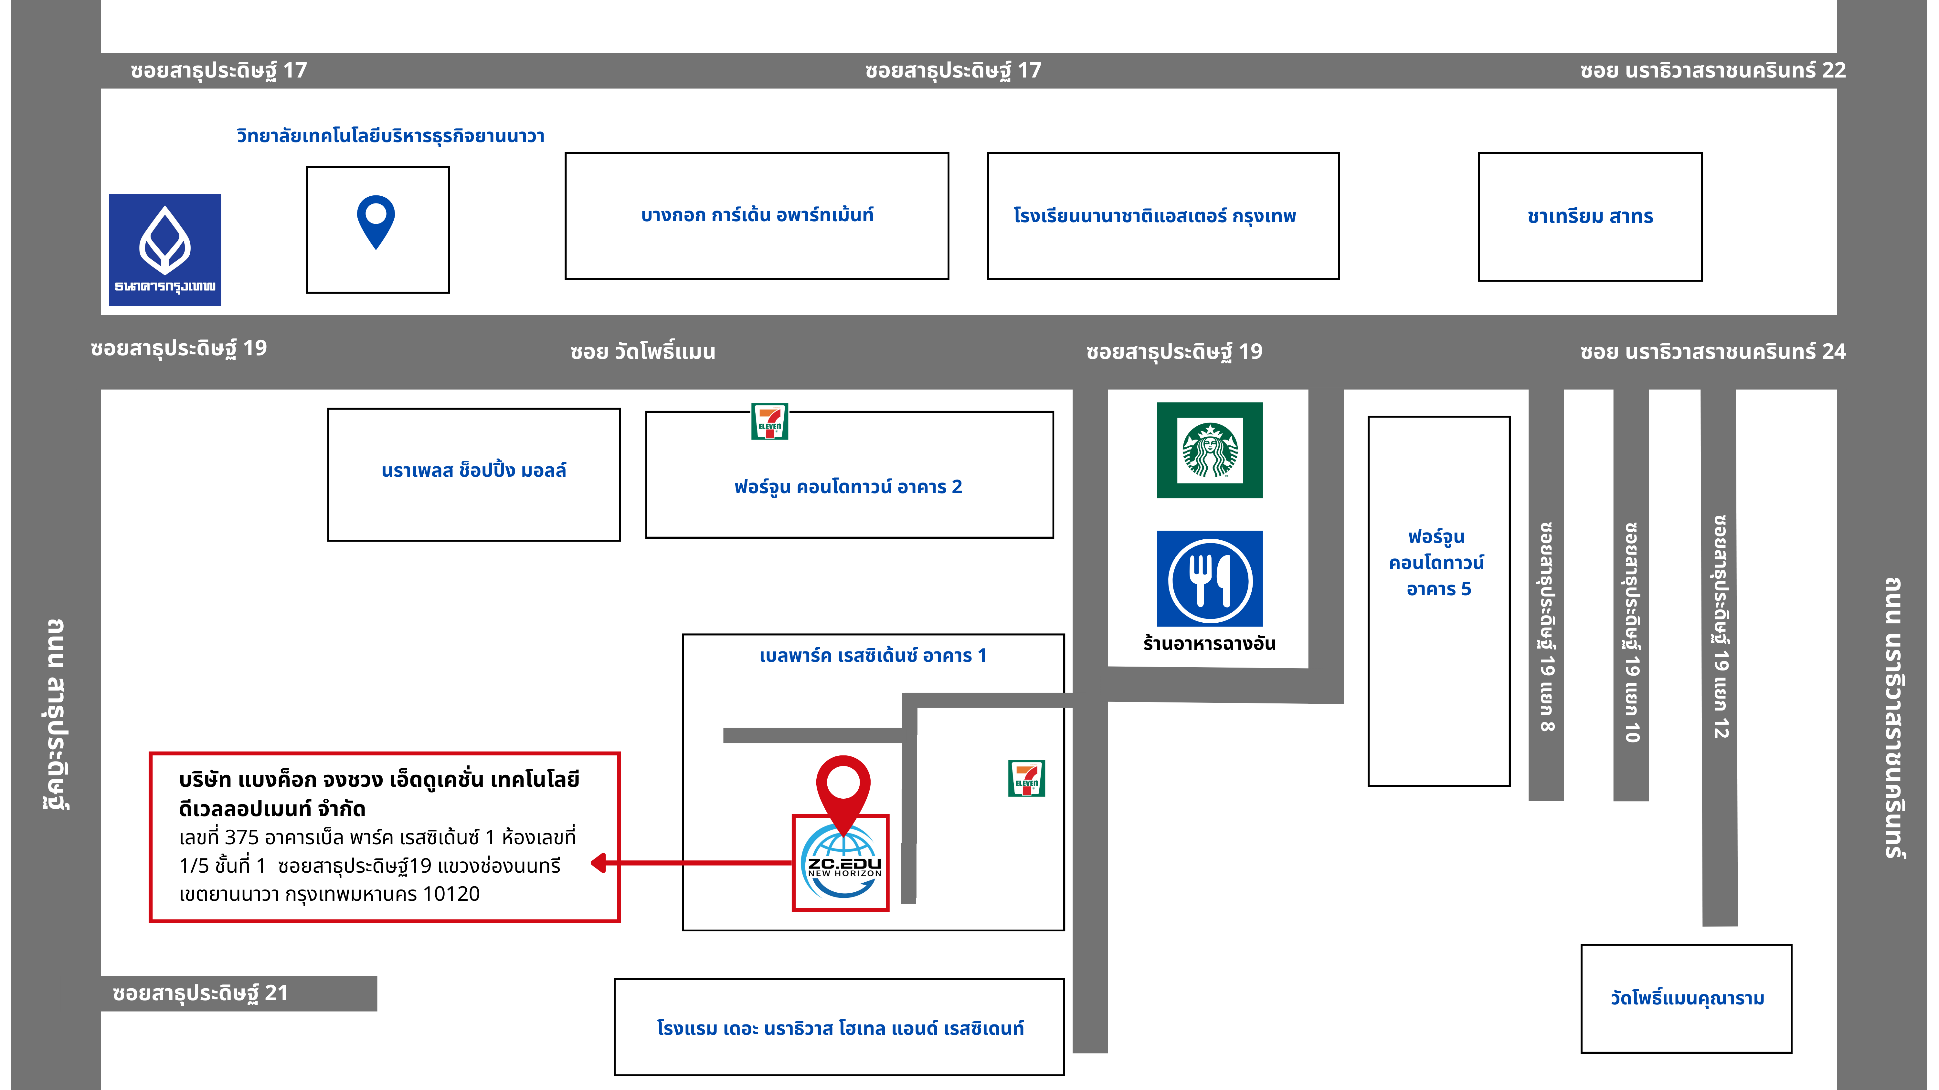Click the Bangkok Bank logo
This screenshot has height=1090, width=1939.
pos(165,250)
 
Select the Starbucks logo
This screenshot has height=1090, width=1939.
pos(1210,450)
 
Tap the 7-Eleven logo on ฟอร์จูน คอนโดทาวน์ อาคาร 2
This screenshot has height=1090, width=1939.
pos(769,421)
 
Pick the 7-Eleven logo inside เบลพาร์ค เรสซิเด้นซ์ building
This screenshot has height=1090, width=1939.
pos(1027,779)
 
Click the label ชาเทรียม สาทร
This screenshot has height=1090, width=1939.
pos(1590,217)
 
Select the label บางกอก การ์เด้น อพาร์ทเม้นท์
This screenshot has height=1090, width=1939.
pos(757,215)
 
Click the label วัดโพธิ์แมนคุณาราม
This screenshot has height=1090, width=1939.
pos(1687,998)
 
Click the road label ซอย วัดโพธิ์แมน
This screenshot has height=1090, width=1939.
pos(643,351)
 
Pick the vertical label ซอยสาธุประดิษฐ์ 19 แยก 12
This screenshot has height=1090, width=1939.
pos(1721,627)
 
